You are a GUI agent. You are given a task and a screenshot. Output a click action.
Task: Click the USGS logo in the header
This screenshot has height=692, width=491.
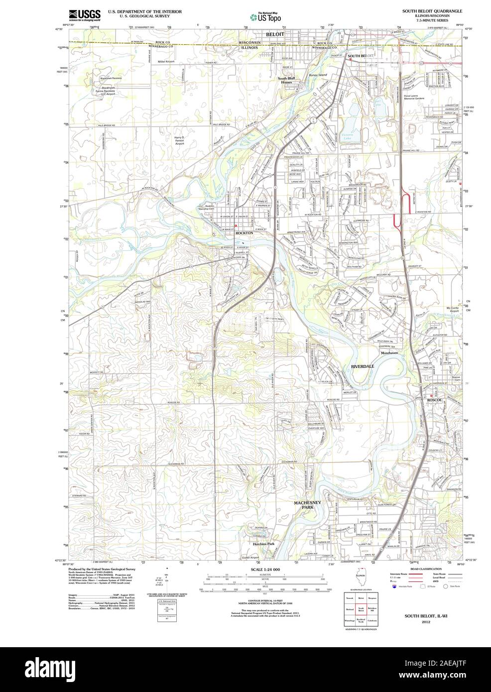pyautogui.click(x=85, y=14)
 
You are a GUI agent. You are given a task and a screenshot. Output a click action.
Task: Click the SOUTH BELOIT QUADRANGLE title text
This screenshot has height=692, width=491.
pyautogui.click(x=432, y=10)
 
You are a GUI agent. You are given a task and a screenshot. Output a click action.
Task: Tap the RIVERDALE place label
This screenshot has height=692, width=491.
pyautogui.click(x=363, y=366)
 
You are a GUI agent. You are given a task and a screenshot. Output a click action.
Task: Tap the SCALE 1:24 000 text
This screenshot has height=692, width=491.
pyautogui.click(x=265, y=569)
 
